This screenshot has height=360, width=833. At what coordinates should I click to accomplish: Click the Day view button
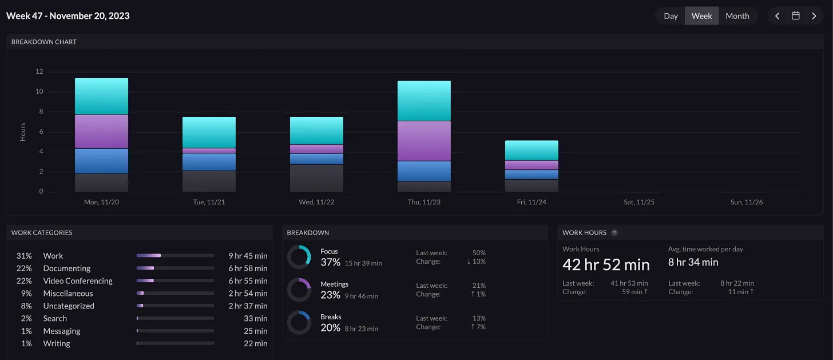[671, 16]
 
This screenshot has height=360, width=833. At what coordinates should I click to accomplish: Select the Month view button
[737, 16]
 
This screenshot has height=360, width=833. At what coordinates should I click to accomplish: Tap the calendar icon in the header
[795, 15]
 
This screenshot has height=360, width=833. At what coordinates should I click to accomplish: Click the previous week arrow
[777, 16]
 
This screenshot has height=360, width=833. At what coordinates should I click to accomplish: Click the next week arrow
[814, 16]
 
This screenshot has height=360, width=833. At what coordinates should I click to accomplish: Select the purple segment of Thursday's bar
[424, 141]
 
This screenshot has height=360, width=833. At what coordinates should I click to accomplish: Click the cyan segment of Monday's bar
[101, 96]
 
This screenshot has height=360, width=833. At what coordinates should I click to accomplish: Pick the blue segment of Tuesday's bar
[209, 162]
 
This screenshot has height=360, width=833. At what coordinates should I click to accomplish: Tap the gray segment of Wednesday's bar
[316, 178]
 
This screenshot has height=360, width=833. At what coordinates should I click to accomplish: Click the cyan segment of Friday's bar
[531, 151]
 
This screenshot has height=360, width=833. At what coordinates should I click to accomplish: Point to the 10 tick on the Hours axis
[39, 92]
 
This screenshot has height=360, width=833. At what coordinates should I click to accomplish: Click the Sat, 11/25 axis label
[639, 202]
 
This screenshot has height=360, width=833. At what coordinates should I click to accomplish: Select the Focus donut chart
[299, 257]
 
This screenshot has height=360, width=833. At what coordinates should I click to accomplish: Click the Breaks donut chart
[299, 322]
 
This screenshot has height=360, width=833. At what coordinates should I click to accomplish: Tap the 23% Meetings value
[330, 295]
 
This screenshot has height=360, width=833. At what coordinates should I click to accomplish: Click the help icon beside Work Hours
[614, 232]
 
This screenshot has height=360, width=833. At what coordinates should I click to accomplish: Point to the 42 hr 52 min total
[606, 265]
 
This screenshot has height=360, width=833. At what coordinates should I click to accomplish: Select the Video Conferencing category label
[78, 281]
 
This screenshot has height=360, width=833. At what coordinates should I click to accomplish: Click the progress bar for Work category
[175, 255]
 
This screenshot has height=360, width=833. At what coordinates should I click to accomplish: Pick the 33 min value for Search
[256, 318]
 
